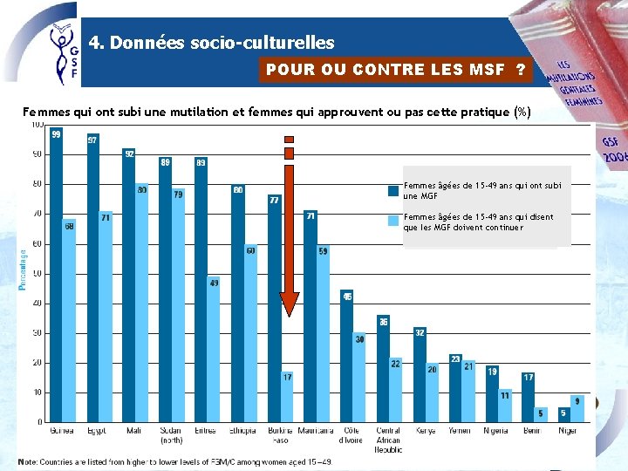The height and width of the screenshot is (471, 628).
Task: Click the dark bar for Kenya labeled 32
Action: (420, 375)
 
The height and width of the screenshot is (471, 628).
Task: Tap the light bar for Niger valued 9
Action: (577, 409)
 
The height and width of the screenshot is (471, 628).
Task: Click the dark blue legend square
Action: (393, 190)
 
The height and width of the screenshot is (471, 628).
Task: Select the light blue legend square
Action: (393, 220)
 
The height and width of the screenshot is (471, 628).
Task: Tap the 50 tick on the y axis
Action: (38, 273)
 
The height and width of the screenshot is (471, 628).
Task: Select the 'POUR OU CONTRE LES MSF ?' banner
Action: (396, 70)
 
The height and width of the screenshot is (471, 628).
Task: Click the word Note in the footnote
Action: (27, 461)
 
